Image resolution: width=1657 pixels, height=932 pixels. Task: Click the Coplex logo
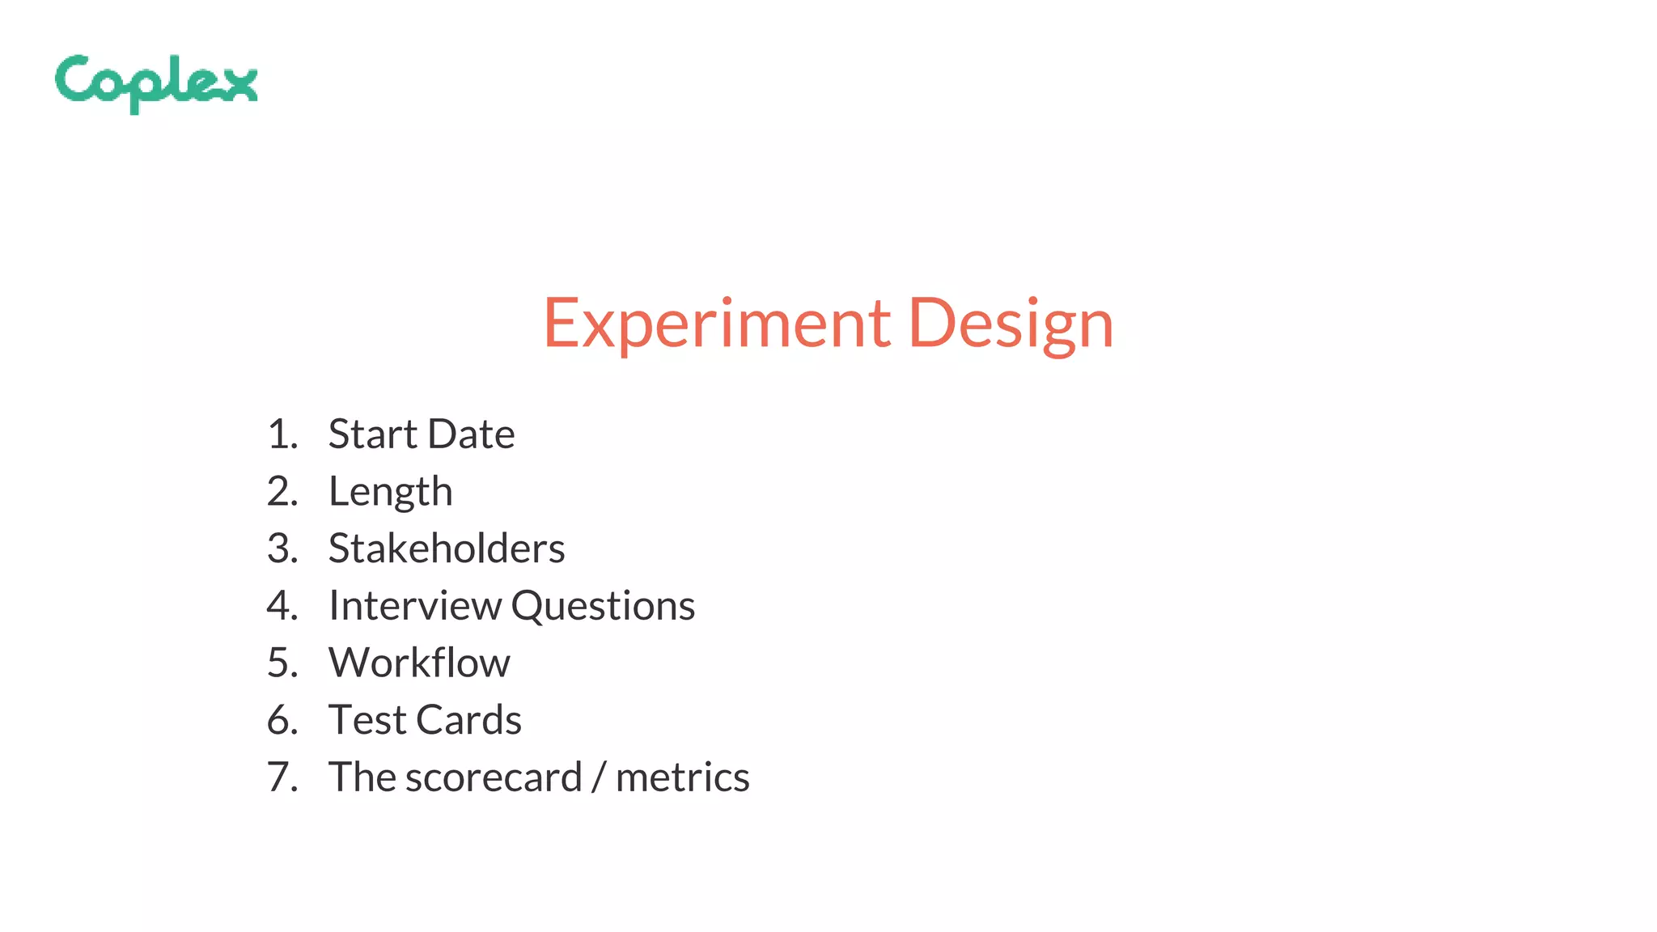(156, 83)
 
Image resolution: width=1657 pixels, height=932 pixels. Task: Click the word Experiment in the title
(717, 324)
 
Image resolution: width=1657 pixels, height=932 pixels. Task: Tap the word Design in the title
(1011, 324)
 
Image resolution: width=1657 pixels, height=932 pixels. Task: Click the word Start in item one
(371, 434)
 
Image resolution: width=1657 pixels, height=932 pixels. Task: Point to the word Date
(471, 434)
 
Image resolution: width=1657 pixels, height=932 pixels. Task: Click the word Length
(390, 492)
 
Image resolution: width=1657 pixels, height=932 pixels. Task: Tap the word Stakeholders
(446, 549)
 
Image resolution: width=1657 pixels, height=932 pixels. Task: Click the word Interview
(414, 606)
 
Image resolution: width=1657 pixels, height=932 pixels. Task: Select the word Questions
(603, 606)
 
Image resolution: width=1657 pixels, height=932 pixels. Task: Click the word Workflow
(419, 663)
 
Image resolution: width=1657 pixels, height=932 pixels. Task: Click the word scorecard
(494, 777)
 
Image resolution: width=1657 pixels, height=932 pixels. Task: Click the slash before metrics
(599, 777)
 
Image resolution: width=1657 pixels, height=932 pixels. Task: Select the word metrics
(682, 777)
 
